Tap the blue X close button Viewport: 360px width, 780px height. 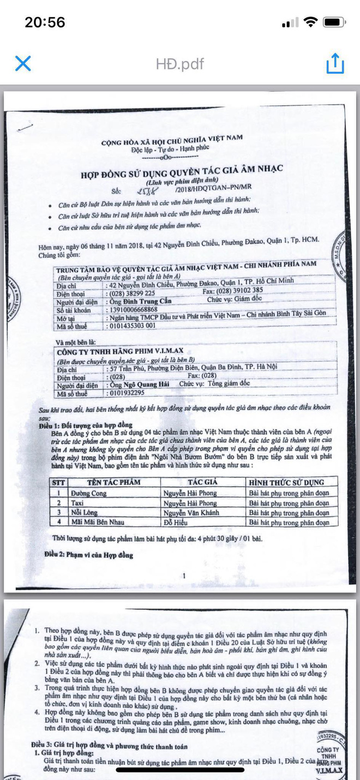(x=23, y=63)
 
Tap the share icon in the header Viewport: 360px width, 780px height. (x=335, y=63)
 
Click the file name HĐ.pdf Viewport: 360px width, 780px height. (x=179, y=64)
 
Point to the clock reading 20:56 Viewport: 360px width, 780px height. (x=45, y=22)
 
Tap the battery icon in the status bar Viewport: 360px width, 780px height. (x=334, y=22)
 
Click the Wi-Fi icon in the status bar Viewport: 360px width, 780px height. (x=310, y=22)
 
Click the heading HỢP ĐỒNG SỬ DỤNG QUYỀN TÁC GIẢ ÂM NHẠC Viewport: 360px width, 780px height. (x=182, y=171)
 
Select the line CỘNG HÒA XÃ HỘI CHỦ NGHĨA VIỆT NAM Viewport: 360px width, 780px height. (x=172, y=139)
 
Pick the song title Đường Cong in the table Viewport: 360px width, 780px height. (x=88, y=493)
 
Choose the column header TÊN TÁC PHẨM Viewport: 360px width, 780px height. (x=113, y=482)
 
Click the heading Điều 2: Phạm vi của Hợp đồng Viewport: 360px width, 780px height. (x=88, y=555)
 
